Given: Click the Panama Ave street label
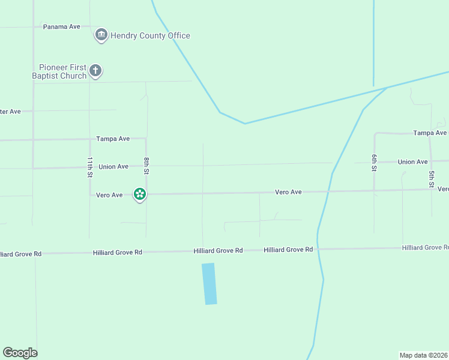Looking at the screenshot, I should [62, 27].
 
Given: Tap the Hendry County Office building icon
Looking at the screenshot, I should [101, 35].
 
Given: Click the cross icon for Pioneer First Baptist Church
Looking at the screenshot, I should [95, 71].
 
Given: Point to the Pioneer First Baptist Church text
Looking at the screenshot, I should [59, 71].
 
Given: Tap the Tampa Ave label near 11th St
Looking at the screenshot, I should [113, 139].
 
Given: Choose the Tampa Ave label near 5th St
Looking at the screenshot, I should [430, 133].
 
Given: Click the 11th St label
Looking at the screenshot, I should [89, 167].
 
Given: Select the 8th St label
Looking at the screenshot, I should [146, 166].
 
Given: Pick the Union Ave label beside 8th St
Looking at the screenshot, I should [113, 167].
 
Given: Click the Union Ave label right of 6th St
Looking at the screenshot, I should [412, 162].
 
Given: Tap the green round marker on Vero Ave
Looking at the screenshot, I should [140, 193].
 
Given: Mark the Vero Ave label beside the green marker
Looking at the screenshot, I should [109, 195].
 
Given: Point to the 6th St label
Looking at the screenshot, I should [373, 163].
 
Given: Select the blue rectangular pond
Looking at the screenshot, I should [209, 284].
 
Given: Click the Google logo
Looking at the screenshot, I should [20, 353].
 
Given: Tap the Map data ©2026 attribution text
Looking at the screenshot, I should [423, 355].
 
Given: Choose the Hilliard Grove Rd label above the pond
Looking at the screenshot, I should [218, 250].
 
